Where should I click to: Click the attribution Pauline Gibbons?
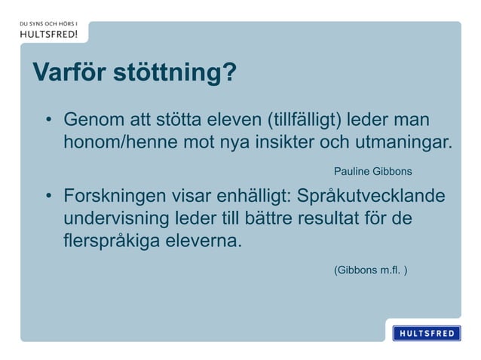pyautogui.click(x=372, y=172)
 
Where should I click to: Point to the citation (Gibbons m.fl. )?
pyautogui.click(x=371, y=268)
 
